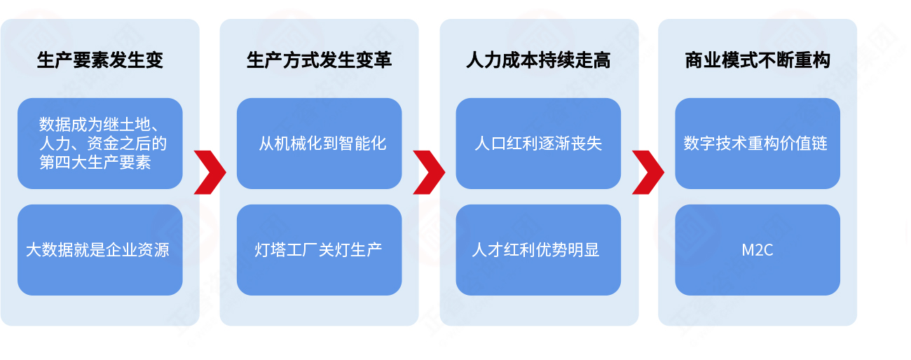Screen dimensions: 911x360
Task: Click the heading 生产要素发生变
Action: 100,60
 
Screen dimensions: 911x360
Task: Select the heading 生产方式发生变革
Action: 320,60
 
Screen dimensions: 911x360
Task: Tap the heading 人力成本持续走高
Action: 538,60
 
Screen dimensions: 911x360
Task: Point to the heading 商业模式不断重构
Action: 758,60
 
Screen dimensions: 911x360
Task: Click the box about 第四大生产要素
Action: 100,144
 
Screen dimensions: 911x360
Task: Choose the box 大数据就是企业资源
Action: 100,250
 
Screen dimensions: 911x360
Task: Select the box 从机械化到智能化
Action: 320,144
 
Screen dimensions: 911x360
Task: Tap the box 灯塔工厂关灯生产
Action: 320,250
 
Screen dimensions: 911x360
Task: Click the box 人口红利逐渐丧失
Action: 538,144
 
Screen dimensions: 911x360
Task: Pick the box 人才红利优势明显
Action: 538,250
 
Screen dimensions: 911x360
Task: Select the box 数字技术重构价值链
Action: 758,144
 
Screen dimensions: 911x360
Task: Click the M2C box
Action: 758,250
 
